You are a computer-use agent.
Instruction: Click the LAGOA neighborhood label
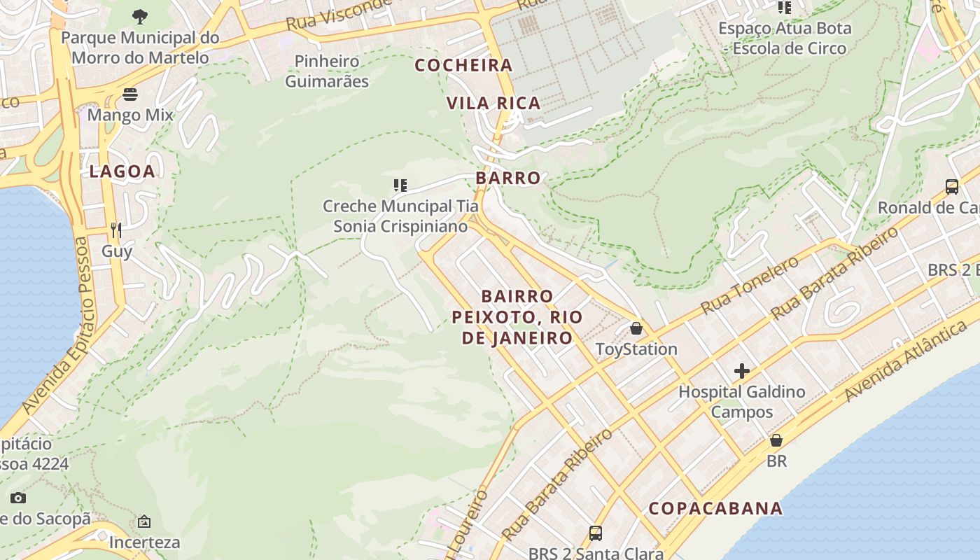coord(122,171)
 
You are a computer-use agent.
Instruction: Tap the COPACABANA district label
coord(715,508)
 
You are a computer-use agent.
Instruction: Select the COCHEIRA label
coord(463,65)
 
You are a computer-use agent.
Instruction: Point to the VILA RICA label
coord(493,104)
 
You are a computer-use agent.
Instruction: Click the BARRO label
coord(508,178)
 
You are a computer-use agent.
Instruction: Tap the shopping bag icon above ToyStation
coord(636,328)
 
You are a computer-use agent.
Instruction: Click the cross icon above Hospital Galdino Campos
coord(742,371)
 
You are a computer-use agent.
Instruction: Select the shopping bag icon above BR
coord(776,440)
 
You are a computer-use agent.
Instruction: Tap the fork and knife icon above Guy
coord(116,230)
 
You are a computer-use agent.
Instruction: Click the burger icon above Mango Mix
coord(130,94)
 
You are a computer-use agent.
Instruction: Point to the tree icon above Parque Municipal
coord(140,16)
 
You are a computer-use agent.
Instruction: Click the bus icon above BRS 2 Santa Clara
coord(596,533)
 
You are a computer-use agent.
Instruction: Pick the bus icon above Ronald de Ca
coord(952,187)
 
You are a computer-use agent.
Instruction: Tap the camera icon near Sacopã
coord(19,498)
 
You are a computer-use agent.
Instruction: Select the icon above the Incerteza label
coord(144,521)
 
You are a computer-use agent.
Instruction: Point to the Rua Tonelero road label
coord(749,286)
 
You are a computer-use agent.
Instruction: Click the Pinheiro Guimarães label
coord(327,71)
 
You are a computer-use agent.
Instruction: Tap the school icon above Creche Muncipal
coord(400,185)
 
